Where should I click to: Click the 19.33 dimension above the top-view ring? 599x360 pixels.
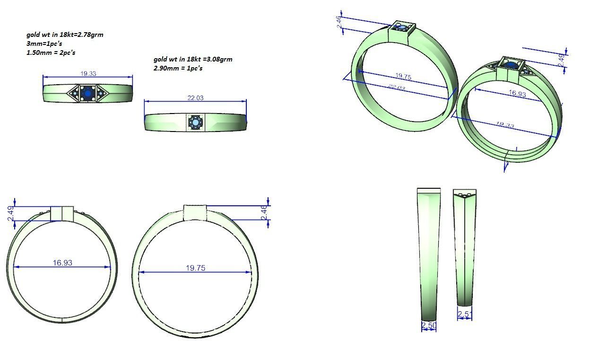point(88,73)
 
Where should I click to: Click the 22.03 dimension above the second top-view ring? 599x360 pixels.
point(195,98)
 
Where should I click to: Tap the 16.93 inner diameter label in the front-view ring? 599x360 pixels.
point(62,263)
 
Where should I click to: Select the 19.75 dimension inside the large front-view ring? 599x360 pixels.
point(195,268)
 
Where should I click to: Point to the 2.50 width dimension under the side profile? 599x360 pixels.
point(428,325)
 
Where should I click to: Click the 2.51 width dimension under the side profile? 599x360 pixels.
point(465,314)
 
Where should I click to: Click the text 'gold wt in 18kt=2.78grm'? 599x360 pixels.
point(65,35)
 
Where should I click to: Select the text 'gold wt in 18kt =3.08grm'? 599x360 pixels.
point(193,59)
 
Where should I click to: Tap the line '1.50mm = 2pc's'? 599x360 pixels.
point(51,53)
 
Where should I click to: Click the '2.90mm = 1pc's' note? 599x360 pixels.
point(178,68)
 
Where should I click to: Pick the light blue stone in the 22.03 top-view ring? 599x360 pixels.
point(195,123)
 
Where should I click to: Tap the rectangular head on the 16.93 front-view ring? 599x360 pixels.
point(62,213)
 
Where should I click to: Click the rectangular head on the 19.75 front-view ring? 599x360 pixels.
point(195,212)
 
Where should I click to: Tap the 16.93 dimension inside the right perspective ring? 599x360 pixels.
point(517,94)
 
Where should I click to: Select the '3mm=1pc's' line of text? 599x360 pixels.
point(44,44)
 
